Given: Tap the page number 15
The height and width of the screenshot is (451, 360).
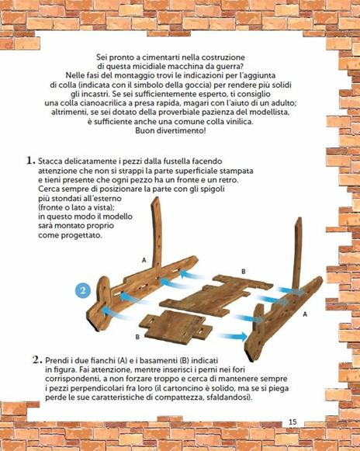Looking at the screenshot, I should pyautogui.click(x=292, y=422).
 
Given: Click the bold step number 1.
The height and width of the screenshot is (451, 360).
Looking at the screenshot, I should pyautogui.click(x=29, y=161).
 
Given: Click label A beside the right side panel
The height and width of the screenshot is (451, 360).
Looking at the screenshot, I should pyautogui.click(x=304, y=314).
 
